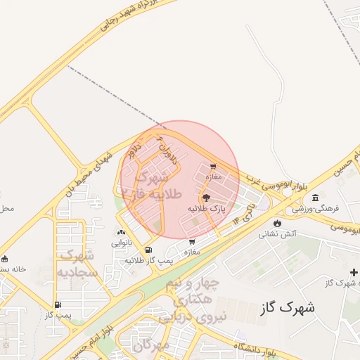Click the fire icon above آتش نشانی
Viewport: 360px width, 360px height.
(x=277, y=223)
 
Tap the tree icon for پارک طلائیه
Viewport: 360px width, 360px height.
(x=206, y=198)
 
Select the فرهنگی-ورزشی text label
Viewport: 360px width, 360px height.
(x=316, y=209)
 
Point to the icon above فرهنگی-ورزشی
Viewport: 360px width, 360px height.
(x=315, y=198)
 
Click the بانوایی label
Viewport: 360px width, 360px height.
(x=121, y=243)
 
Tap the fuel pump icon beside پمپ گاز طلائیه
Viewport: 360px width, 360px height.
(x=148, y=250)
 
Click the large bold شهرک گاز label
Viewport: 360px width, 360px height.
(x=287, y=307)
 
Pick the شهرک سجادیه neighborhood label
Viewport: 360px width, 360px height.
(x=77, y=263)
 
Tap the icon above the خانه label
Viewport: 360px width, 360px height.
(x=5, y=259)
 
